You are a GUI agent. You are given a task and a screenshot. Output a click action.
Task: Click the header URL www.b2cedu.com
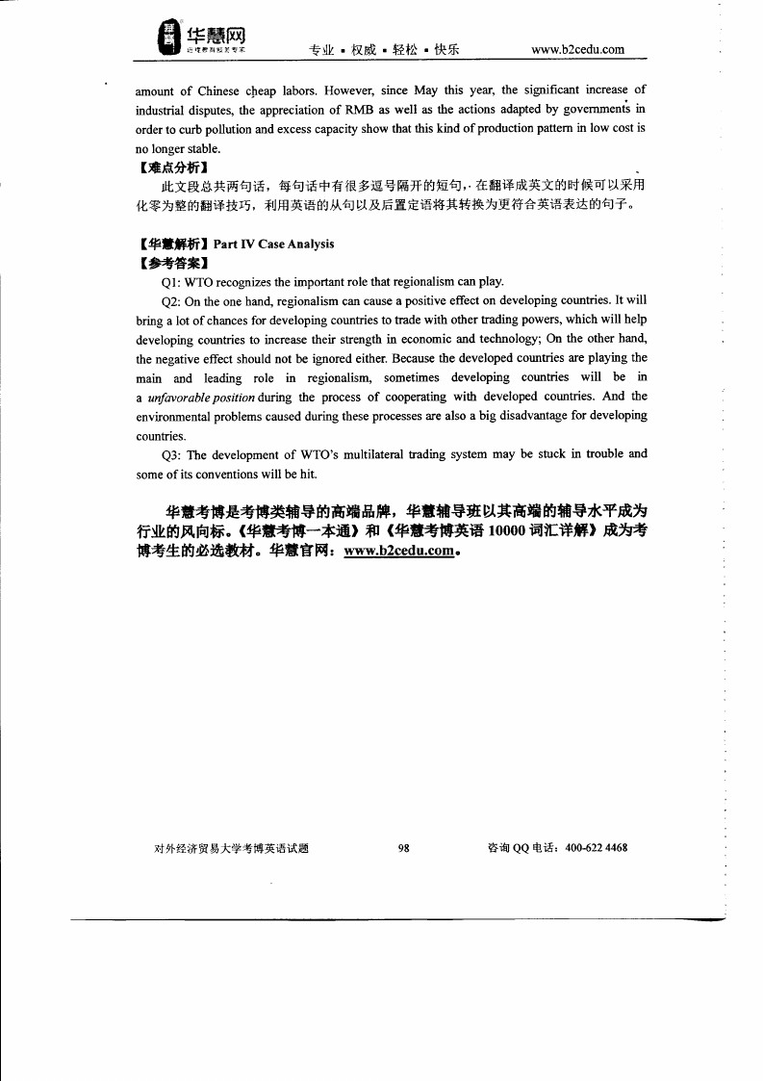pos(577,50)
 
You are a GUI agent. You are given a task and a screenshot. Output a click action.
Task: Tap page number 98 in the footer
pos(404,848)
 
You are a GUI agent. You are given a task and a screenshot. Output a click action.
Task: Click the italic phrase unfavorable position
pos(201,397)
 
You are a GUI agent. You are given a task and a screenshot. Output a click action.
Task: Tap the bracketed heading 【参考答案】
pos(173,263)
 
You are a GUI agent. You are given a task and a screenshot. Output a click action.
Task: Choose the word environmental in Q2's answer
pos(174,416)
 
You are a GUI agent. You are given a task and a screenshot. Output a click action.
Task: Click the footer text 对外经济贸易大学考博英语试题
pos(231,848)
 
